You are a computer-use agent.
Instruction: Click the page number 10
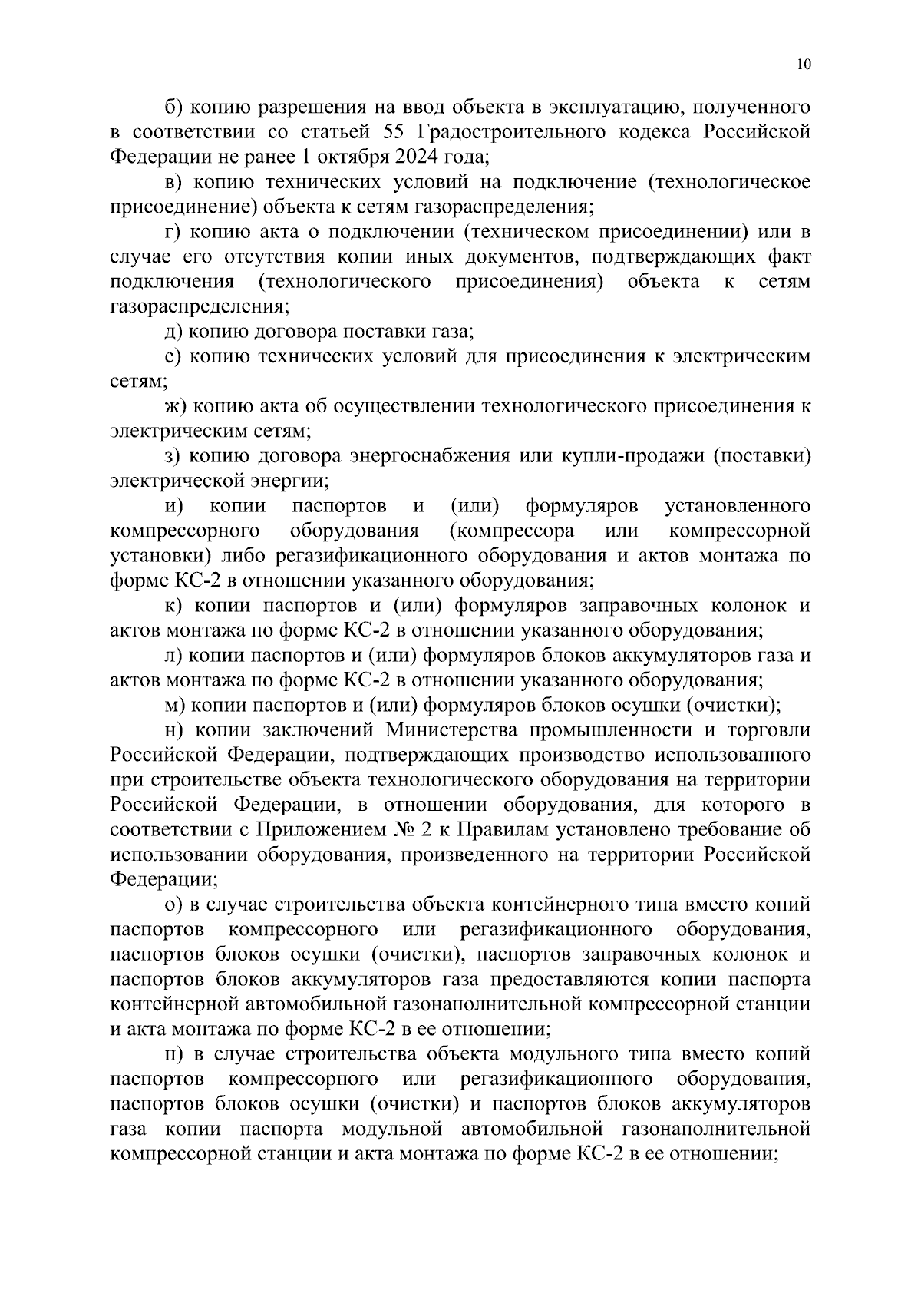[804, 64]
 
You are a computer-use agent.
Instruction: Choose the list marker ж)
[176, 406]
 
